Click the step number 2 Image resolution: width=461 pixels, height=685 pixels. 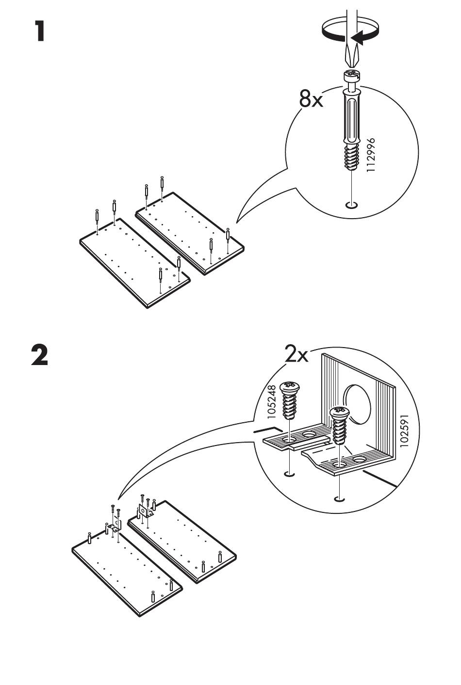(x=40, y=355)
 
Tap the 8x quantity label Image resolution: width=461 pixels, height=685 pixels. (x=311, y=100)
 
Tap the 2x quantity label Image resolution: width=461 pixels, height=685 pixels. (x=296, y=355)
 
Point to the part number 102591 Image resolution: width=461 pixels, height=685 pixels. (x=405, y=430)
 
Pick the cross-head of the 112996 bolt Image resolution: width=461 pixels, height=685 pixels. (x=351, y=76)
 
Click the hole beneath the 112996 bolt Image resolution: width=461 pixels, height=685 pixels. (x=352, y=205)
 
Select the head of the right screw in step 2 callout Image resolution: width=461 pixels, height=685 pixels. (x=339, y=413)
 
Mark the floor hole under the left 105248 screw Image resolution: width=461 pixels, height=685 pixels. (x=289, y=474)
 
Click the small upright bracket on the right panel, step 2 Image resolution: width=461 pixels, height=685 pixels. (x=144, y=510)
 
